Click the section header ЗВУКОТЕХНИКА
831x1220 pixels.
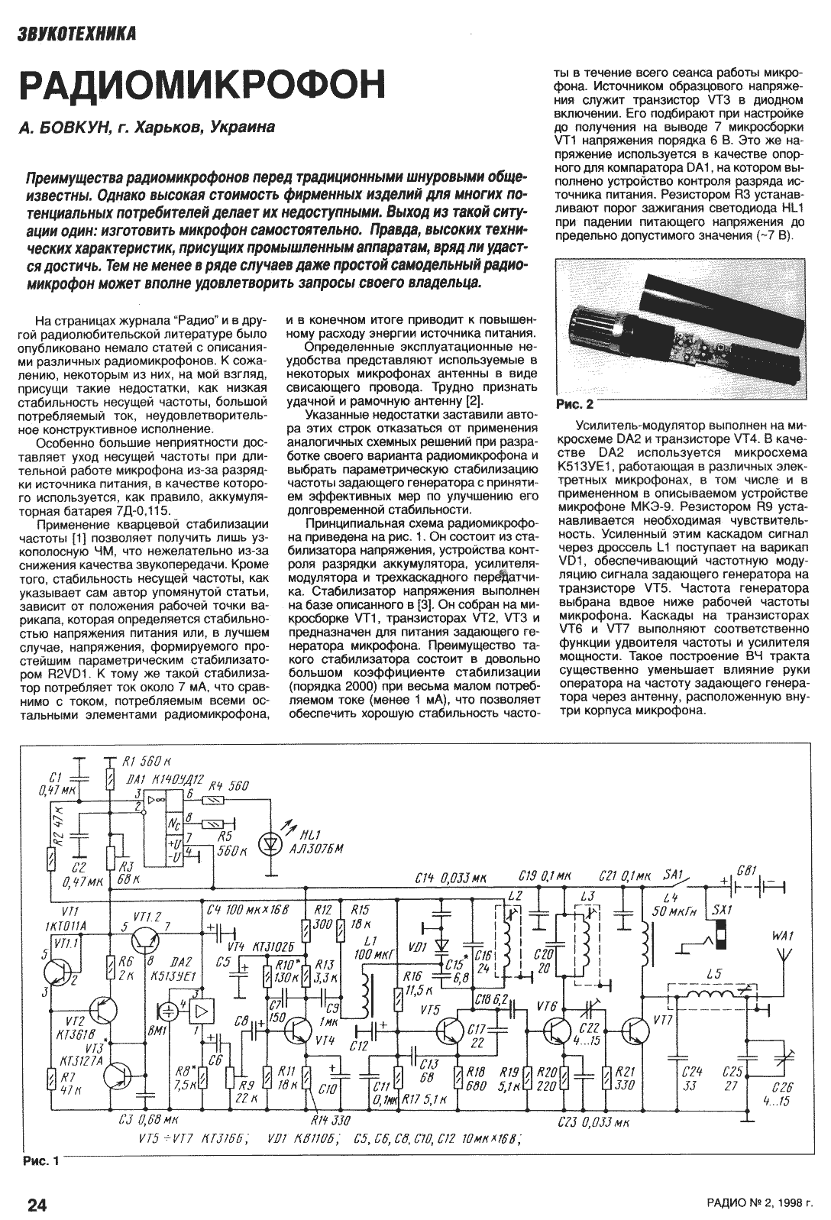pos(78,34)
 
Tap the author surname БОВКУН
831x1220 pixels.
pos(72,128)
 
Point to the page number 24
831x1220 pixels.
pos(37,1205)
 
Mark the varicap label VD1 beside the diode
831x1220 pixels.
pos(418,948)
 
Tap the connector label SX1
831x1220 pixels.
pos(721,911)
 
